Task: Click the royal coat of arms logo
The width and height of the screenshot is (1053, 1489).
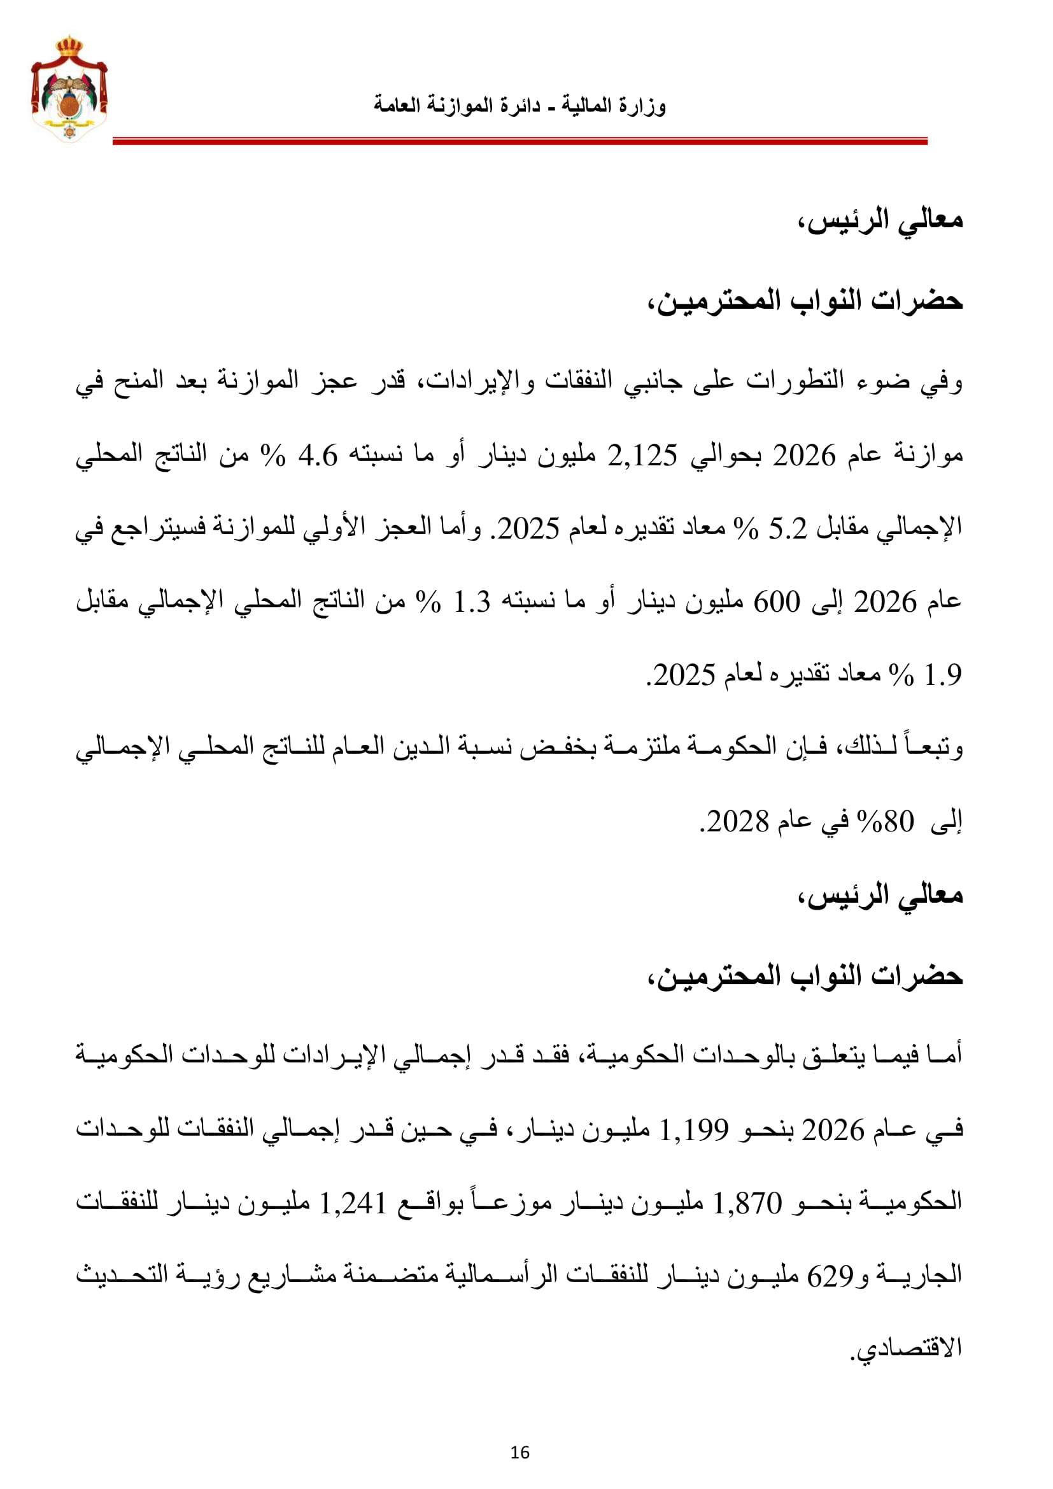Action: [x=69, y=89]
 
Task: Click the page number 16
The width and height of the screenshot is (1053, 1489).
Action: [x=520, y=1453]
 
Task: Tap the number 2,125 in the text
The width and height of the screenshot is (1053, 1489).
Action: [x=642, y=456]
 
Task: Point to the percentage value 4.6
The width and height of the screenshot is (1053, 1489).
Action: [x=318, y=456]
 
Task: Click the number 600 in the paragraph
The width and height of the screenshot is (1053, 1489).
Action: [x=776, y=602]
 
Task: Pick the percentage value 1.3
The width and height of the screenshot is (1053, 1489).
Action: [x=471, y=602]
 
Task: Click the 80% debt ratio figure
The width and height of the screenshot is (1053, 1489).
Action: [x=886, y=822]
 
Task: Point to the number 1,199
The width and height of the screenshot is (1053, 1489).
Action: [x=694, y=1131]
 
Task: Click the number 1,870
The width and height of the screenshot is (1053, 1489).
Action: [x=747, y=1204]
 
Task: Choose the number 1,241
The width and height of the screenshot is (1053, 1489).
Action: [x=353, y=1204]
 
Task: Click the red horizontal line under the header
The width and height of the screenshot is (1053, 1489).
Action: [x=520, y=141]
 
